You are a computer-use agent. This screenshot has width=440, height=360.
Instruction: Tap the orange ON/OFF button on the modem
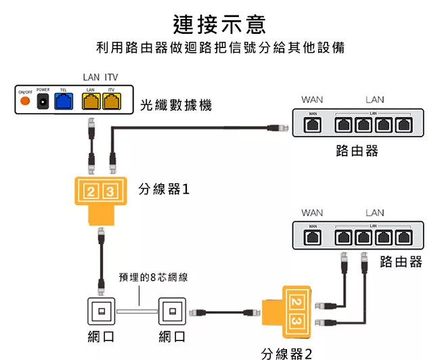click(25, 101)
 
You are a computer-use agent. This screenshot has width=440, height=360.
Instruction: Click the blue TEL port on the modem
click(63, 101)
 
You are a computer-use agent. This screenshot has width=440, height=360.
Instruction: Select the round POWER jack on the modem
click(43, 101)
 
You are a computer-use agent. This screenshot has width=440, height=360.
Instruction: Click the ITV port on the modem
click(111, 101)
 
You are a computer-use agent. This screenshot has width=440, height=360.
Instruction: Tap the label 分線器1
click(164, 189)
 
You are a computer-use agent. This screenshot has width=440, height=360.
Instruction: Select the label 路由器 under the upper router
click(357, 150)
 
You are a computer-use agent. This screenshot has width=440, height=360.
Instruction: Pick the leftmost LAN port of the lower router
click(345, 237)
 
